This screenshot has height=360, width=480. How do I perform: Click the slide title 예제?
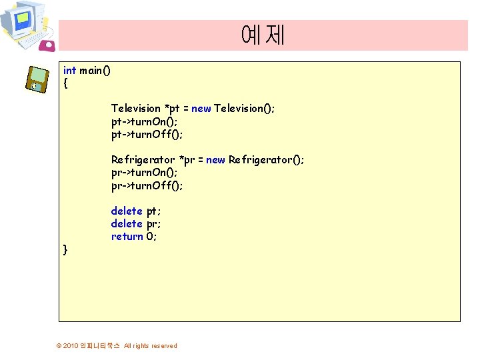[x=263, y=35]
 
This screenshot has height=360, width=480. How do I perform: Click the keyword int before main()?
[x=69, y=71]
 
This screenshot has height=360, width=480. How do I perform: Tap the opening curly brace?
[x=65, y=84]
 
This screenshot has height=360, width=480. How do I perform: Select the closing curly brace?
[x=65, y=249]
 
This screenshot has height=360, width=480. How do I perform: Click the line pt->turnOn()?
[x=144, y=121]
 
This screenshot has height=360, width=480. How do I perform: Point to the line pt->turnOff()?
[x=147, y=134]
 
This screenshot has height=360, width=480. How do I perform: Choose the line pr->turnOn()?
[x=144, y=173]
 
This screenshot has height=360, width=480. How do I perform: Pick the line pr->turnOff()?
[x=147, y=185]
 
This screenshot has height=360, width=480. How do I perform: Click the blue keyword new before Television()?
[x=201, y=109]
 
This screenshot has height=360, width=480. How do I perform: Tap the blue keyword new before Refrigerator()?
[x=215, y=160]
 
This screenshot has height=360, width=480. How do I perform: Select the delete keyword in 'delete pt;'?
[x=127, y=211]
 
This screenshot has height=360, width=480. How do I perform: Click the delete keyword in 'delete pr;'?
[x=127, y=224]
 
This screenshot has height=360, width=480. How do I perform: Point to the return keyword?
[x=127, y=237]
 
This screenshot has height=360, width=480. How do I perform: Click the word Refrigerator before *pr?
[x=143, y=160]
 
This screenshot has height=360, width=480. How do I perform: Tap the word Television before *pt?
[x=135, y=109]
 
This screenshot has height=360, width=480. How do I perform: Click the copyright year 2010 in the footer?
[x=70, y=346]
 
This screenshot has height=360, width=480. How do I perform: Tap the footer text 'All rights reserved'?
[x=151, y=346]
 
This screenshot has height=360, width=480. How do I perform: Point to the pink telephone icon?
[x=48, y=45]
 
